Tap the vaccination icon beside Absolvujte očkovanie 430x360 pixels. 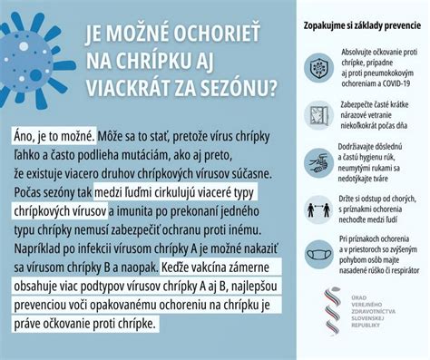coord(318,67)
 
